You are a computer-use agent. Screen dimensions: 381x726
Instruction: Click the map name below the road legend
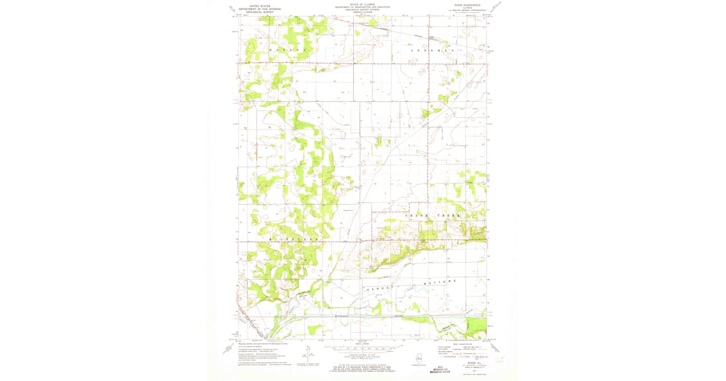462,364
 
